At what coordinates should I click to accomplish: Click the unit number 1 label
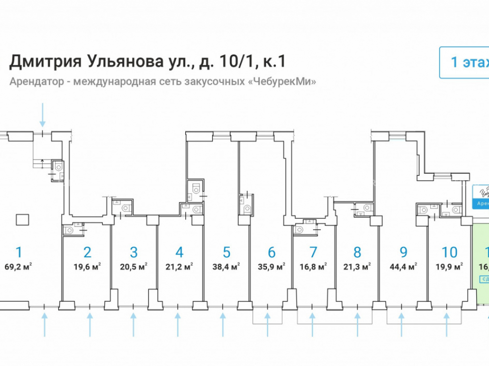pyautogui.click(x=19, y=252)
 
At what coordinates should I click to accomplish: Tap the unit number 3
pyautogui.click(x=133, y=252)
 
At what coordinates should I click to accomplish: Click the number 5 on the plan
pyautogui.click(x=226, y=252)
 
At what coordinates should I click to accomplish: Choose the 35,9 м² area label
pyautogui.click(x=272, y=266)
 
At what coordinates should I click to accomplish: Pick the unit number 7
pyautogui.click(x=313, y=252)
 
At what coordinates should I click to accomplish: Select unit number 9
pyautogui.click(x=403, y=252)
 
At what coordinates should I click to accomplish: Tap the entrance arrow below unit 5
pyautogui.click(x=223, y=325)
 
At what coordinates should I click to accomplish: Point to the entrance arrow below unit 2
pyautogui.click(x=90, y=325)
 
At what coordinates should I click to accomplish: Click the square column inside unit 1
pyautogui.click(x=22, y=220)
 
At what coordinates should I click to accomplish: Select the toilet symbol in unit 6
pyautogui.click(x=246, y=209)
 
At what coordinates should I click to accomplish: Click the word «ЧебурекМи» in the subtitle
pyautogui.click(x=283, y=81)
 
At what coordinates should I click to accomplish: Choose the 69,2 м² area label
pyautogui.click(x=21, y=266)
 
